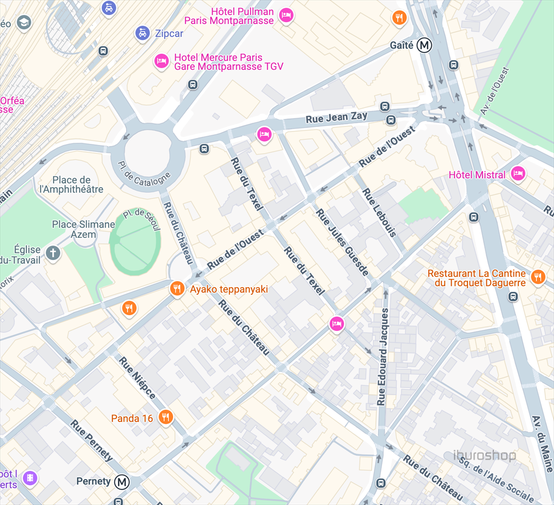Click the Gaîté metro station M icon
coord(425,45)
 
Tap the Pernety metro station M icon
coord(123,481)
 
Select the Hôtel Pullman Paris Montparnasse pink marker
coord(286,15)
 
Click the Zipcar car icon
coord(142,33)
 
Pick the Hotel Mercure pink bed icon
coord(161,62)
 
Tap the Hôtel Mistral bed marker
coord(518,174)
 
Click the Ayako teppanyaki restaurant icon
coord(177,289)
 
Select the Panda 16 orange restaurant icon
coord(166,417)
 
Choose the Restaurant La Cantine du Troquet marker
coord(537,277)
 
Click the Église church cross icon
coord(52,252)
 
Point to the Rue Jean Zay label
coord(337,117)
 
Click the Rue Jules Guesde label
coord(343,242)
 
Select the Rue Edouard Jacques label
coord(383,357)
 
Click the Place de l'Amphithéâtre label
coord(71,184)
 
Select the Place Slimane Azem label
coord(83,229)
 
